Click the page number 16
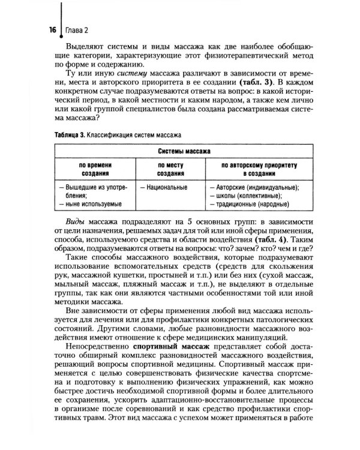(x=52, y=30)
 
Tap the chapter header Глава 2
(x=77, y=30)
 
